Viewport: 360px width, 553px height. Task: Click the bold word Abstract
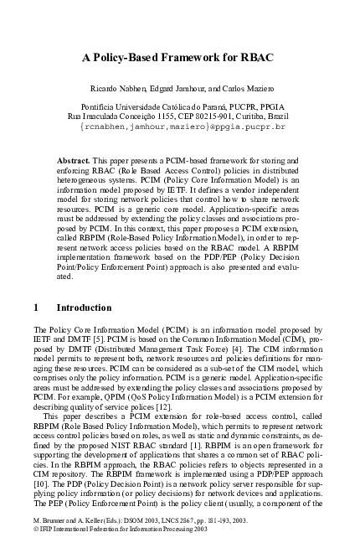[x=75, y=159]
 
